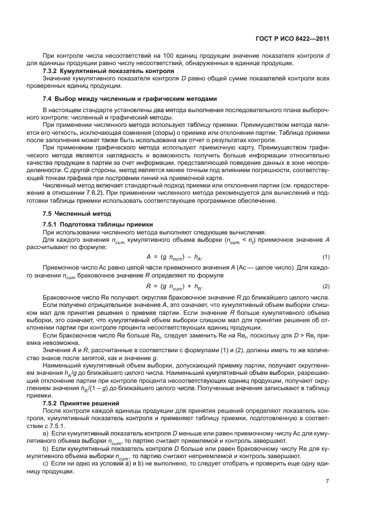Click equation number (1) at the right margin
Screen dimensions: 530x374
(x=325, y=256)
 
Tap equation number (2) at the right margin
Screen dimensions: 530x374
(x=325, y=286)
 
